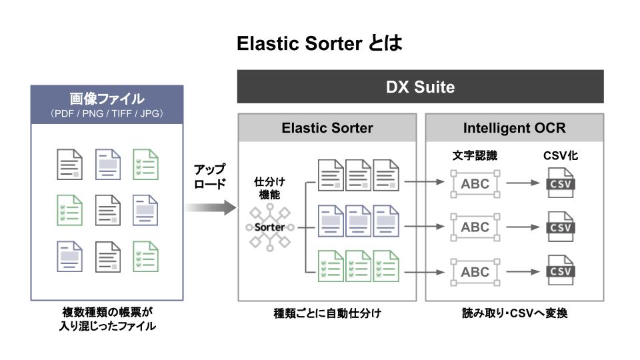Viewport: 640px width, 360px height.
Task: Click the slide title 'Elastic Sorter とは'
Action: pos(320,45)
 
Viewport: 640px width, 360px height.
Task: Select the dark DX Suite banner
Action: pos(420,87)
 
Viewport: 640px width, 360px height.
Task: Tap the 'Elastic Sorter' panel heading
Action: pos(327,128)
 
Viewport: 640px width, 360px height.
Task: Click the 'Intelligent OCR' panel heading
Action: pos(514,128)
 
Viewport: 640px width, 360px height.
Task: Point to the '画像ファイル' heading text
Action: pos(107,99)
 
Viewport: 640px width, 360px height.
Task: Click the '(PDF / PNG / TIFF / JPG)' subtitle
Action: pos(107,114)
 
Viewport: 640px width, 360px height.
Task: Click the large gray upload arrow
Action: pos(210,208)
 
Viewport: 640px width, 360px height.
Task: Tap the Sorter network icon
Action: pos(269,227)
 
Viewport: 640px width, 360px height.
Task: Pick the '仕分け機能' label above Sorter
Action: pos(269,187)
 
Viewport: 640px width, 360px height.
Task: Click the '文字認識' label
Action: pos(475,156)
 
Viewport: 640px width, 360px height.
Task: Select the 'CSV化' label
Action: pos(559,156)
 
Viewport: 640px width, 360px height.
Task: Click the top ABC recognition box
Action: pos(475,184)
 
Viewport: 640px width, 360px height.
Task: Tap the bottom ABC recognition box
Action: pos(475,272)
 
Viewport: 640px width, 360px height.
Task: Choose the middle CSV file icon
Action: pos(559,227)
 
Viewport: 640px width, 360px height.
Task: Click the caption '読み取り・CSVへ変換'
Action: pos(515,313)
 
